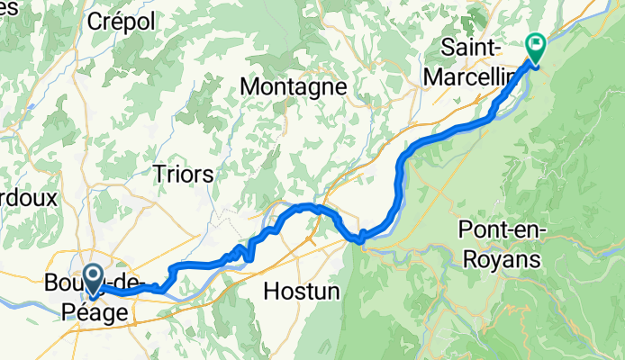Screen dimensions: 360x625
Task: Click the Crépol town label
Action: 121,21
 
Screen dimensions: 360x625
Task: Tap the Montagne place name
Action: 295,87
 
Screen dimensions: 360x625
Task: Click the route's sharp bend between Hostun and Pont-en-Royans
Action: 360,238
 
